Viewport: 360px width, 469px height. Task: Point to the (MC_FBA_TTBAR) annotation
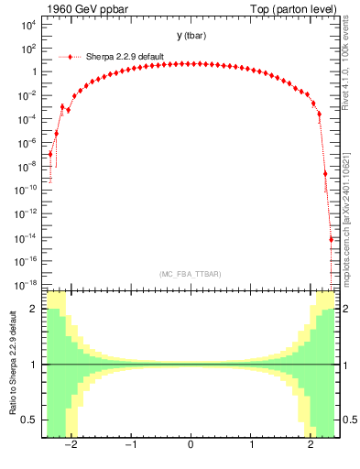point(190,274)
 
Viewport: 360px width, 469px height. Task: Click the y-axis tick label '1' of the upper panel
point(33,72)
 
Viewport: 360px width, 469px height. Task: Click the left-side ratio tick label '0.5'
point(29,420)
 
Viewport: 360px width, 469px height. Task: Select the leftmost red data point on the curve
point(50,154)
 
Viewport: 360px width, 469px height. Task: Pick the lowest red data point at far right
point(332,240)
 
